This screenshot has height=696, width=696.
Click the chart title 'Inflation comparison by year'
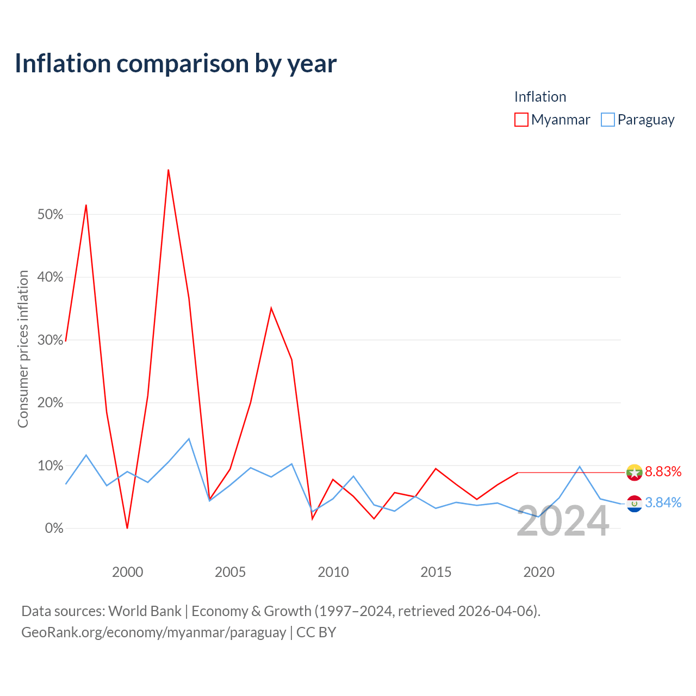tap(176, 64)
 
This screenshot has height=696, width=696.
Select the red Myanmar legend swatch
tap(521, 120)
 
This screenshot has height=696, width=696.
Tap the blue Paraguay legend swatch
tap(607, 120)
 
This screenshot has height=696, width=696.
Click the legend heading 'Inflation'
tap(540, 97)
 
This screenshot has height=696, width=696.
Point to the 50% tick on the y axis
tap(50, 214)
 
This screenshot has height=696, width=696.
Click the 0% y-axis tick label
tap(54, 528)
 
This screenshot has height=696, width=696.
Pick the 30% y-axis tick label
tap(50, 340)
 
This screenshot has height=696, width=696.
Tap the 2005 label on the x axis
tap(230, 572)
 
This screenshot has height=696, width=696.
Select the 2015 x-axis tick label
tap(436, 572)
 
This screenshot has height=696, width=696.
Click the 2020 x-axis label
tap(538, 572)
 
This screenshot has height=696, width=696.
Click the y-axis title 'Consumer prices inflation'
tap(23, 349)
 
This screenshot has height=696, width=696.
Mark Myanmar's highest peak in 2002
tap(169, 170)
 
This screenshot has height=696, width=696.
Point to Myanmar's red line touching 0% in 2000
tap(127, 527)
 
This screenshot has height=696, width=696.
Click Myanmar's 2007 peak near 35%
tap(271, 308)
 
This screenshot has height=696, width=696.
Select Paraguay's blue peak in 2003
tap(189, 439)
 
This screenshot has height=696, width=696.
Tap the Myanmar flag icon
tap(634, 473)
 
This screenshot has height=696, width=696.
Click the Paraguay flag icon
tap(634, 504)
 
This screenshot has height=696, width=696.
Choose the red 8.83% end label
tap(663, 472)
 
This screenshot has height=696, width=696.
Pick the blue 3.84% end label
tap(663, 502)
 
